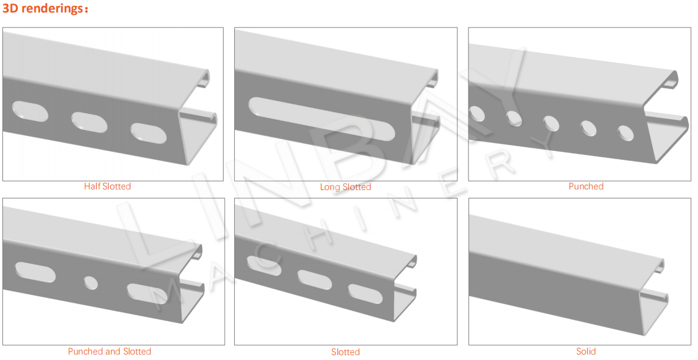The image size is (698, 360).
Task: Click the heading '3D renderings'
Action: [42, 8]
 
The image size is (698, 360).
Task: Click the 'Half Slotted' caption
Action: [107, 187]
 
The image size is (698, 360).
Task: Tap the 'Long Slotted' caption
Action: [346, 187]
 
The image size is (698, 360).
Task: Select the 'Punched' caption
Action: [586, 187]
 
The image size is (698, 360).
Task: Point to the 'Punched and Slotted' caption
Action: [110, 352]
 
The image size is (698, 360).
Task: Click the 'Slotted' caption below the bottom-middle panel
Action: [346, 352]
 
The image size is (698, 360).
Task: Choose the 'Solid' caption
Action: [586, 352]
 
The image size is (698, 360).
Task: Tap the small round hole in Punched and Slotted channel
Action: [91, 283]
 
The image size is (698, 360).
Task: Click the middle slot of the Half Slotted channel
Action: [89, 122]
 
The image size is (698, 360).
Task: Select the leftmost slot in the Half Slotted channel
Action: [30, 111]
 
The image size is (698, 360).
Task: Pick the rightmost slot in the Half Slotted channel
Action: [148, 133]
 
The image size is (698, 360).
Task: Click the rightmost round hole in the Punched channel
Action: [626, 133]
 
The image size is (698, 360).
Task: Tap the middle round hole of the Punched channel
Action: [551, 123]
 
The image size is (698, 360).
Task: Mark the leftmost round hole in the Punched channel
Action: [477, 114]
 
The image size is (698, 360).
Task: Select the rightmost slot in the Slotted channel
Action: [365, 294]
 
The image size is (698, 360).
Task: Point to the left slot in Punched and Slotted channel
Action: [36, 272]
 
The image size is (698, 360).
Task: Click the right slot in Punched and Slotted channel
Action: [147, 294]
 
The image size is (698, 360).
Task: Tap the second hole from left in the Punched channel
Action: [514, 119]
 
